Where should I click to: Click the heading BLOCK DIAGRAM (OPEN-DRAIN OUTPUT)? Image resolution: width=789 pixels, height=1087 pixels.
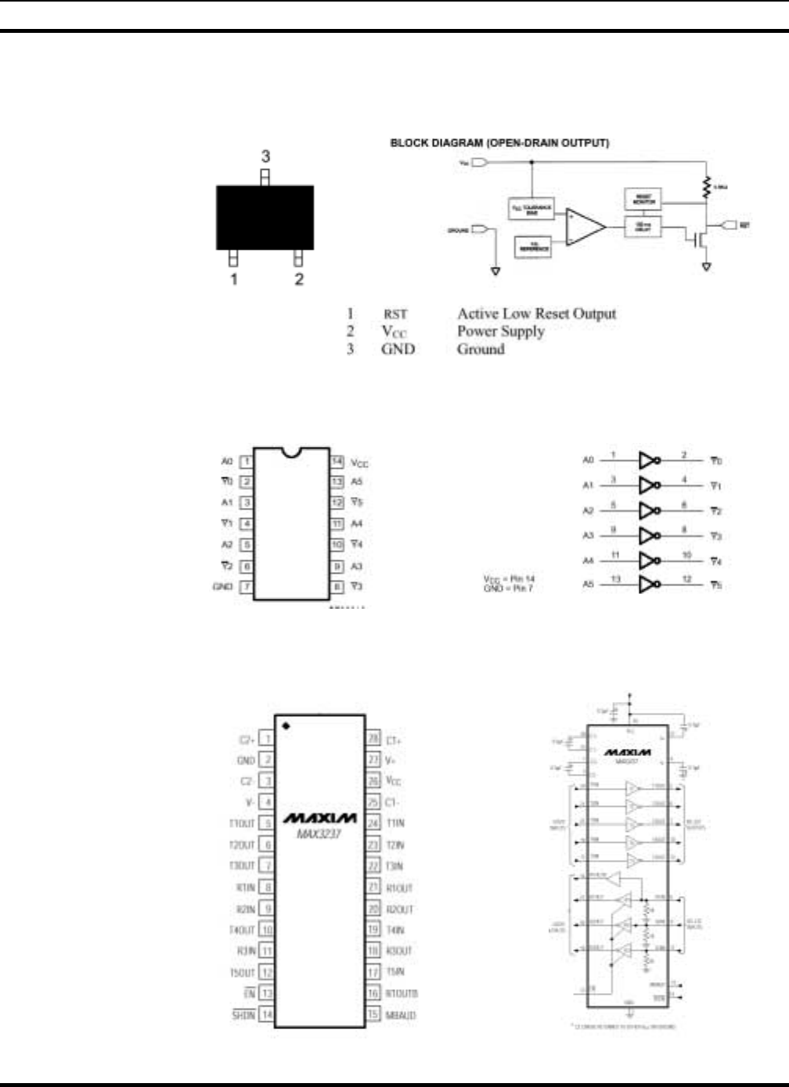[499, 143]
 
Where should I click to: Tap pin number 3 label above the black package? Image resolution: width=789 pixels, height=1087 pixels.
[265, 157]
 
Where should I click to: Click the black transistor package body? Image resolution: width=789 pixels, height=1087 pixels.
[265, 218]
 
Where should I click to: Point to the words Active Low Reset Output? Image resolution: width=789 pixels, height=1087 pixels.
[536, 314]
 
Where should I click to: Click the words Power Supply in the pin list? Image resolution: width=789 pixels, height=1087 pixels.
[500, 331]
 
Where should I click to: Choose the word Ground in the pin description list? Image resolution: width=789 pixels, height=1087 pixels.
[481, 349]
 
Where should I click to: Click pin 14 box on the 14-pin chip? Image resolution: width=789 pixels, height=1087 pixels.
[337, 462]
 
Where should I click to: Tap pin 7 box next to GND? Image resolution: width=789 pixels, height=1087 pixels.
[246, 587]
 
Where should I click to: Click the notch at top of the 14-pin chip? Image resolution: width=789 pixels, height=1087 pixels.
[291, 452]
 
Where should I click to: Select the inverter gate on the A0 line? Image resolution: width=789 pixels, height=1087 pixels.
[650, 460]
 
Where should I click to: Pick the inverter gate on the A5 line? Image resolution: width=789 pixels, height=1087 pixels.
[650, 585]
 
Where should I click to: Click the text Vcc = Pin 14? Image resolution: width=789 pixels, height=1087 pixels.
[509, 579]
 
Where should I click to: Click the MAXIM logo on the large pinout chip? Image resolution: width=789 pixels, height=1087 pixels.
[319, 819]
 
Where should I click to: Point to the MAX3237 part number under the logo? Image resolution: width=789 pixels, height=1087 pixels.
[319, 834]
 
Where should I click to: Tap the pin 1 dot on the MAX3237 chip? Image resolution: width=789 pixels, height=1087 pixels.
[286, 726]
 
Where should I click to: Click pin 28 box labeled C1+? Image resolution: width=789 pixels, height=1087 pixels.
[373, 739]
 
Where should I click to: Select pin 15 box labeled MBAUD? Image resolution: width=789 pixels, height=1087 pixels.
[373, 1015]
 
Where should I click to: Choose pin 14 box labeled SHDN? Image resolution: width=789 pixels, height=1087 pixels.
[267, 1015]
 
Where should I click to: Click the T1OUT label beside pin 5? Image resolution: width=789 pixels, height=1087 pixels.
[242, 823]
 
